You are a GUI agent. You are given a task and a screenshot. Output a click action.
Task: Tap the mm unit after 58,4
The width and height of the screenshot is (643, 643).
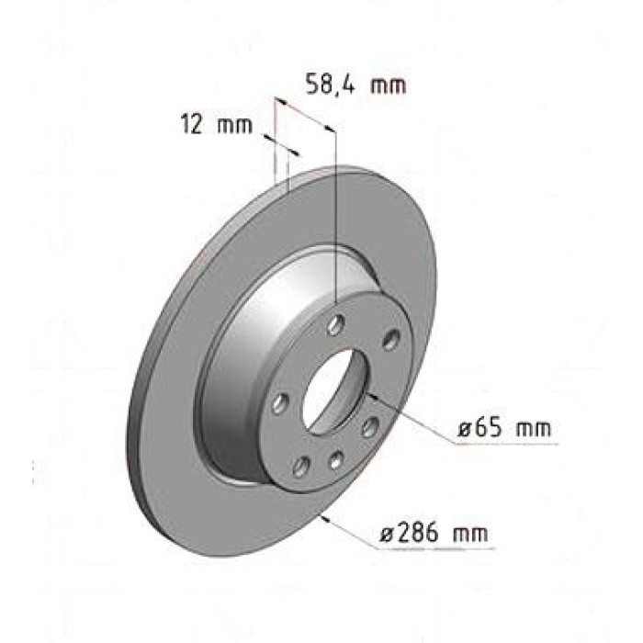point(389,86)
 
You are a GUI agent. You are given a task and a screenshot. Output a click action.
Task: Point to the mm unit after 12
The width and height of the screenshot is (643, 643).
point(234,126)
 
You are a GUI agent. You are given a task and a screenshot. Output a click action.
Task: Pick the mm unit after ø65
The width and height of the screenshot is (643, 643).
point(534,429)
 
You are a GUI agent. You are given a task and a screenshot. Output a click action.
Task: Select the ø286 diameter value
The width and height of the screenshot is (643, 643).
point(409,533)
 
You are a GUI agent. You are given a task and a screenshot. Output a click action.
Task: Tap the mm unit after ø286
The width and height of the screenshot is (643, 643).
point(470,534)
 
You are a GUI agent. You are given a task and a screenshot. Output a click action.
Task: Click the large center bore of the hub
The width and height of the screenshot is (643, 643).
point(334,390)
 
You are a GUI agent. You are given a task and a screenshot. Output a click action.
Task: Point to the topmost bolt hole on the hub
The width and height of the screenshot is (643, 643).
point(336,324)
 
